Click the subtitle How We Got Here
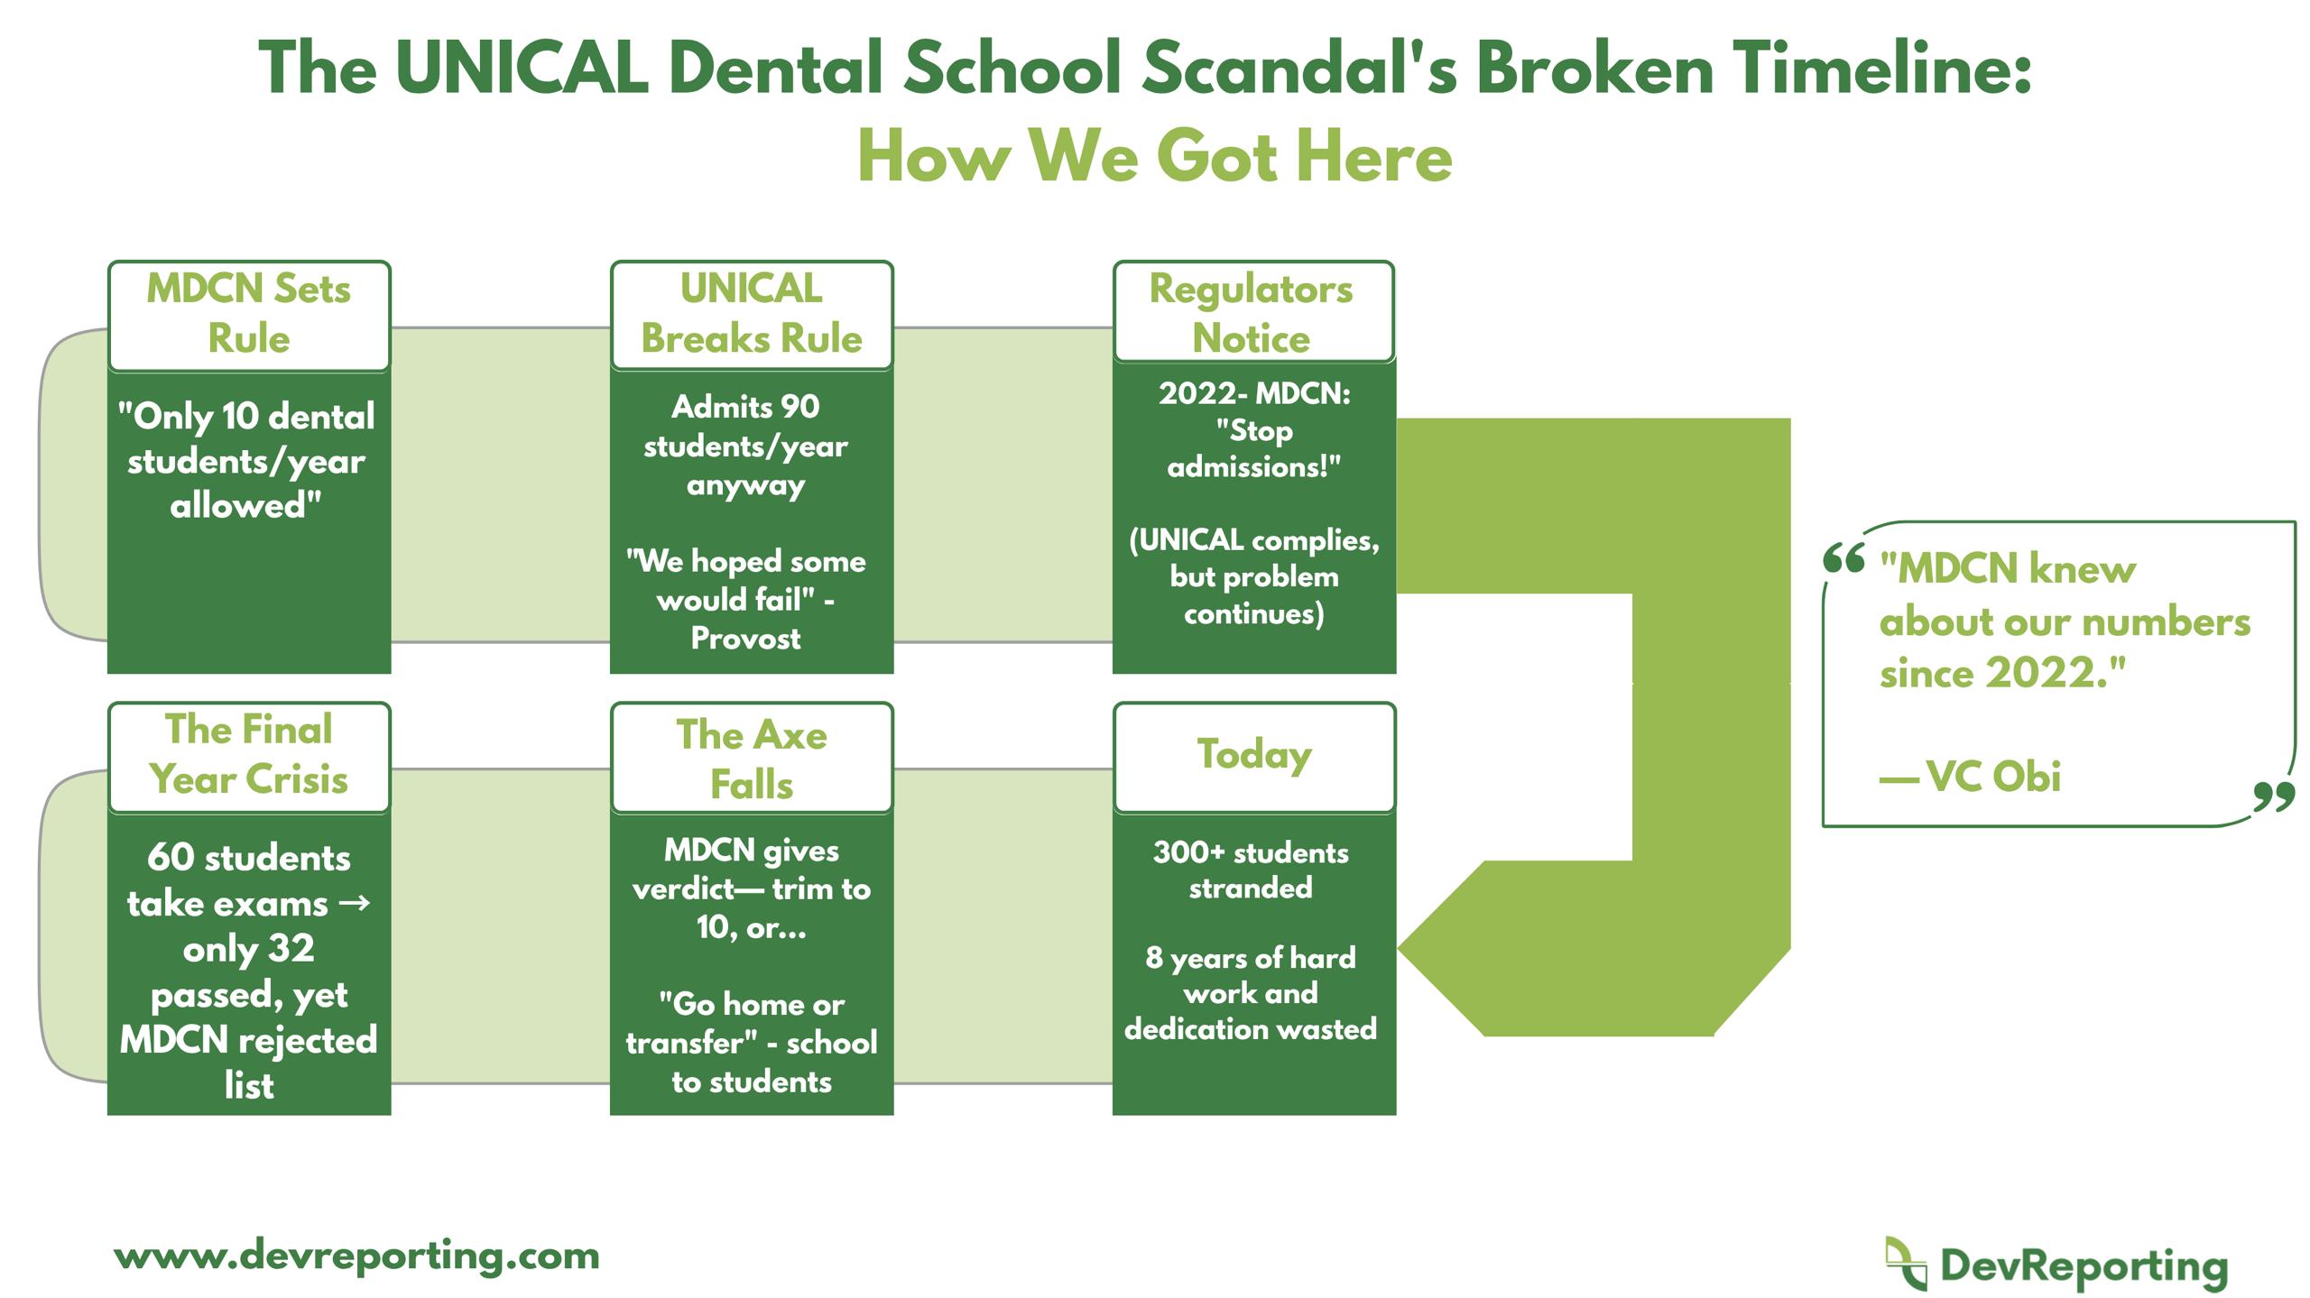click(1154, 156)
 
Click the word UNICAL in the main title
click(522, 69)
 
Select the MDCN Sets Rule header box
click(249, 315)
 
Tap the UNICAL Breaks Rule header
click(752, 315)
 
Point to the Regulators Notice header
click(1253, 312)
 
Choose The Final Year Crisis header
click(249, 756)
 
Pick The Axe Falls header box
click(752, 758)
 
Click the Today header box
click(1254, 757)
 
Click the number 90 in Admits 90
click(799, 407)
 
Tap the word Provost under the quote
click(745, 639)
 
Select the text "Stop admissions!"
click(1254, 449)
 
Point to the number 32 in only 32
click(292, 949)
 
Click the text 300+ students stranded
click(1251, 870)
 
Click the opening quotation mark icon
click(1843, 559)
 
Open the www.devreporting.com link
click(357, 1257)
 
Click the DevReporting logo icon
click(1906, 1264)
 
